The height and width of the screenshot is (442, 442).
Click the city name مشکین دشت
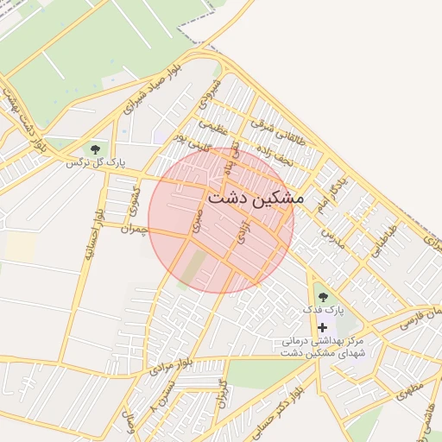[255, 198]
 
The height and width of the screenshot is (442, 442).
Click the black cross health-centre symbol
[323, 327]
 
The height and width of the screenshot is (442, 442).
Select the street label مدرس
[333, 237]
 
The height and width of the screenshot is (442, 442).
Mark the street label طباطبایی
[383, 241]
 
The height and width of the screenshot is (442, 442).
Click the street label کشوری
[134, 199]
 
